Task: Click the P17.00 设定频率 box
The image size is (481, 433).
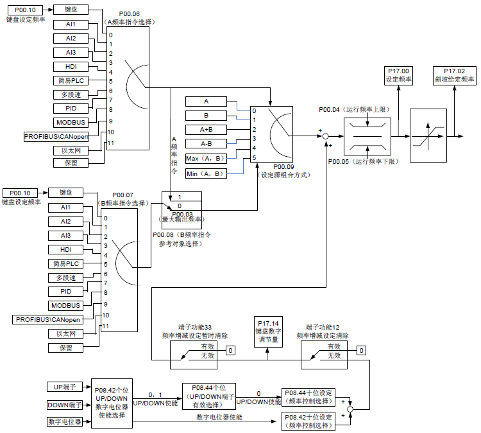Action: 398,76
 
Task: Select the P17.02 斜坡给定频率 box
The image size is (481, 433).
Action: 454,76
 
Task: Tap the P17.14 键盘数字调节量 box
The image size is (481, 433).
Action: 269,332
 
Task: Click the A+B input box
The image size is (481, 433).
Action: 206,130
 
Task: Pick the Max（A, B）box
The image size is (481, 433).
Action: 206,159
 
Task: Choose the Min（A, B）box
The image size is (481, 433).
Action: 206,173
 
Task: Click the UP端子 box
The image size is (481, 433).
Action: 65,387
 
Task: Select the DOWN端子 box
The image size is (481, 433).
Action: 65,405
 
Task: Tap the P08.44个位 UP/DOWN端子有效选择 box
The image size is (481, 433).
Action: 209,396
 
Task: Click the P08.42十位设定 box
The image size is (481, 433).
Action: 308,421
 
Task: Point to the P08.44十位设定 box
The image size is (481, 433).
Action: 308,397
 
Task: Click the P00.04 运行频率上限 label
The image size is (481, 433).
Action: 354,109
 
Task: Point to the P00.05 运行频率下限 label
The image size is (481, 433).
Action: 364,161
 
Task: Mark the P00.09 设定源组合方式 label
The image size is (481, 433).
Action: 283,171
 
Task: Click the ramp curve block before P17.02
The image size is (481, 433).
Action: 428,136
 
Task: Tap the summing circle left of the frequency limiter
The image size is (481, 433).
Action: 326,136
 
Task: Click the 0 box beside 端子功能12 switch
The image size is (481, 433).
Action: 361,350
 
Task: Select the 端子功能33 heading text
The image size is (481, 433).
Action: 195,327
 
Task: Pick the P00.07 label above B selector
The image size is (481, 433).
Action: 122,195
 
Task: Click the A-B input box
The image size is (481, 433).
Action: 206,144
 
